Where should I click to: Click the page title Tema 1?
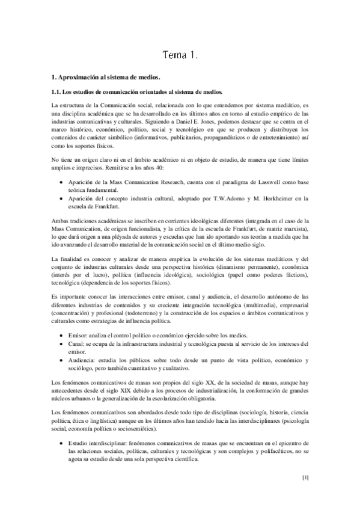click(180, 56)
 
